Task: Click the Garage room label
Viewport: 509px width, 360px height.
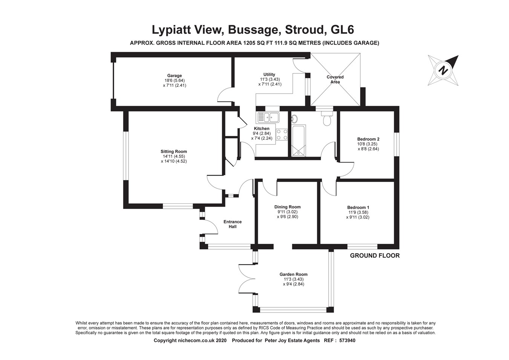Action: click(175, 76)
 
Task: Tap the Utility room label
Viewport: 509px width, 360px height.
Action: click(269, 74)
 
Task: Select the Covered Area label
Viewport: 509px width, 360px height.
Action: click(335, 79)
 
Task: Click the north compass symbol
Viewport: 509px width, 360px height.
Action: click(443, 71)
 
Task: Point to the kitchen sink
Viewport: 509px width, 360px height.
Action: click(268, 117)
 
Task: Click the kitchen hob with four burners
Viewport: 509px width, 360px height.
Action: click(282, 134)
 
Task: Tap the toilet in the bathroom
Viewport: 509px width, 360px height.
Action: click(327, 119)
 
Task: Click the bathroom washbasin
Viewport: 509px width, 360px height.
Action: click(294, 119)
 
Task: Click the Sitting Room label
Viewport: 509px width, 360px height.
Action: click(174, 152)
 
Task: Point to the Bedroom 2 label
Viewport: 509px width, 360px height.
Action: click(368, 139)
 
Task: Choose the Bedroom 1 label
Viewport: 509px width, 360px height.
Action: click(358, 208)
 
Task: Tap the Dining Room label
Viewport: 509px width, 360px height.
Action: click(287, 207)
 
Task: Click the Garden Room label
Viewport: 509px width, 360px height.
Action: click(293, 274)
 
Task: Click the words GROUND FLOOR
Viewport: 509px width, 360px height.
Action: click(374, 255)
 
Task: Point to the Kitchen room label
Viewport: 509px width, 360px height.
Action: click(262, 129)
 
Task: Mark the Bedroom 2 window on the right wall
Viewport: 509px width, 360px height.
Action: click(396, 144)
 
